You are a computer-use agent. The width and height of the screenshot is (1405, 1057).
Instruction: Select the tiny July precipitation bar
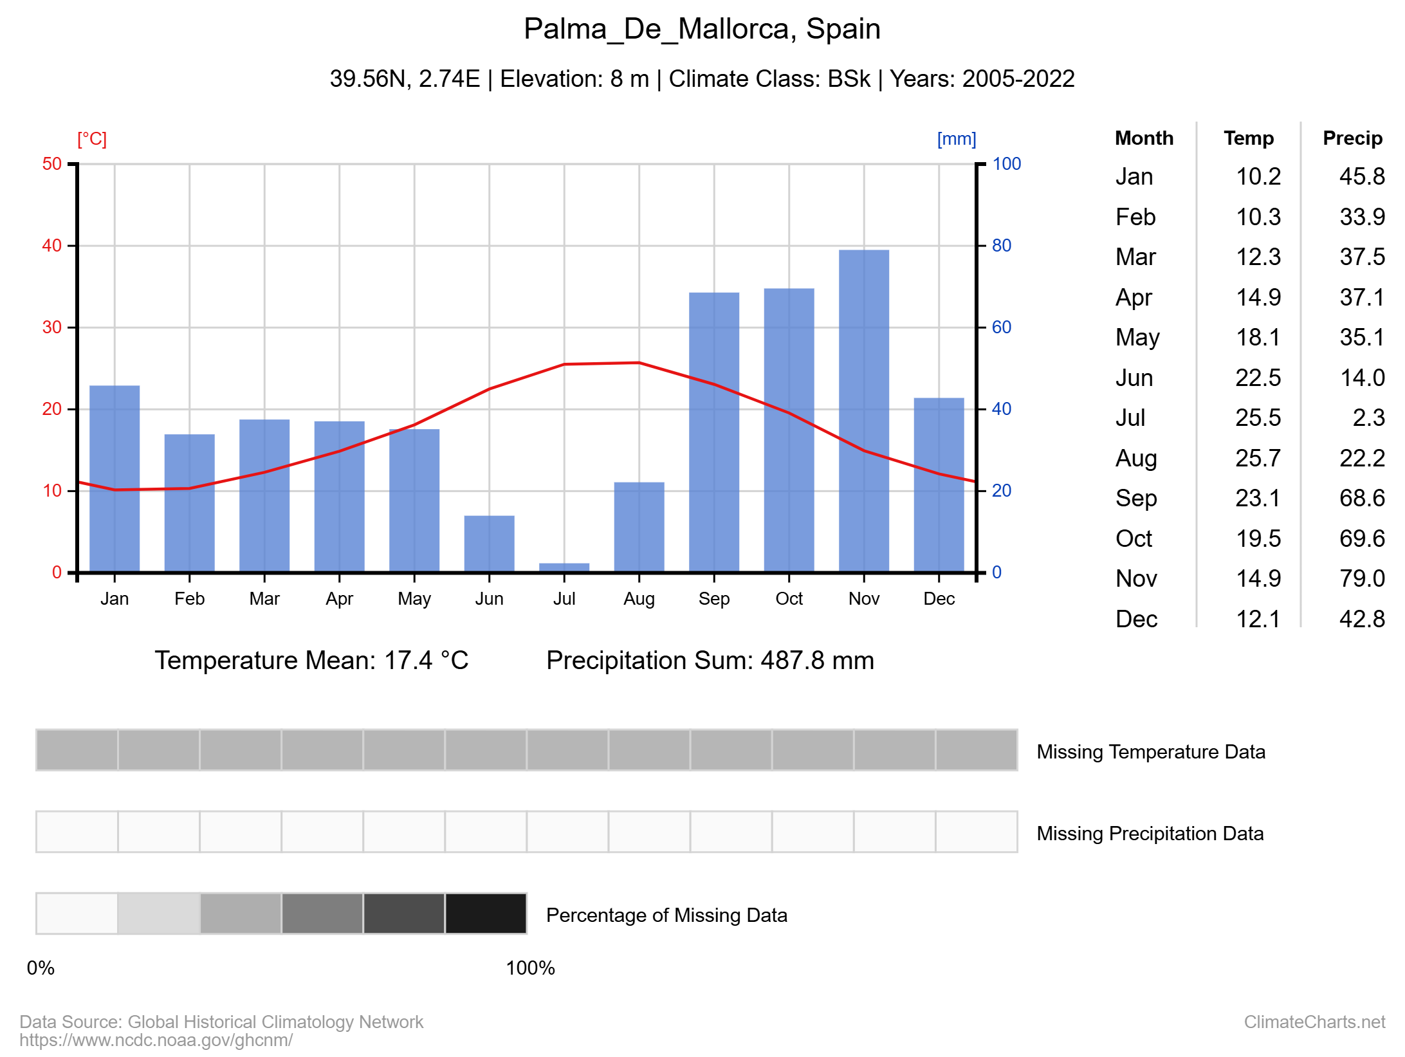click(564, 567)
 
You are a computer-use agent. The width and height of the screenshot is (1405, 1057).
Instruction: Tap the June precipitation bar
click(490, 544)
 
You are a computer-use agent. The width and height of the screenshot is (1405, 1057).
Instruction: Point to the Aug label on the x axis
click(639, 599)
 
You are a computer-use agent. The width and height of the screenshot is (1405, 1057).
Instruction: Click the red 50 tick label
click(52, 164)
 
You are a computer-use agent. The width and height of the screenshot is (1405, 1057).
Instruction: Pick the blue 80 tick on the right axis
click(1002, 246)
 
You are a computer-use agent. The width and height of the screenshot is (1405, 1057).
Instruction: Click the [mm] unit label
click(957, 139)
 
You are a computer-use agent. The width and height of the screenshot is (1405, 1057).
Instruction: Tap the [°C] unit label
click(92, 139)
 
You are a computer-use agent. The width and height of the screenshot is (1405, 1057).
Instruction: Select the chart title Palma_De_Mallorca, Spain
click(702, 29)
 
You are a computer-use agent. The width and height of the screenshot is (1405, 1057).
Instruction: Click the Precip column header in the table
click(1352, 138)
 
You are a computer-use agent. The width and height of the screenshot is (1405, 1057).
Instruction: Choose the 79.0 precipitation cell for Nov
click(1362, 578)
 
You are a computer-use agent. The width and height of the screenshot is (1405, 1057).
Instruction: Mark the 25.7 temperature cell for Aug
click(1258, 458)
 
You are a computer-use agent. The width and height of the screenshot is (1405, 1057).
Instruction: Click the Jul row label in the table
click(1130, 418)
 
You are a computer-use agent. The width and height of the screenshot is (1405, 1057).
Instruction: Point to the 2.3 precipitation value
click(1368, 418)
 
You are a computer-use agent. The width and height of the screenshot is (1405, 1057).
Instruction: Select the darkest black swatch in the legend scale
click(486, 913)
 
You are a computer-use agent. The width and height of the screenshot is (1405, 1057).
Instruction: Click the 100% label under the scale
click(530, 968)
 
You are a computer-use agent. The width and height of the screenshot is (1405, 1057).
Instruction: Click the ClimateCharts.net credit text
click(1314, 1022)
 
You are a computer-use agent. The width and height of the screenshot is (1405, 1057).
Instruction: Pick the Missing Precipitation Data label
click(1150, 834)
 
